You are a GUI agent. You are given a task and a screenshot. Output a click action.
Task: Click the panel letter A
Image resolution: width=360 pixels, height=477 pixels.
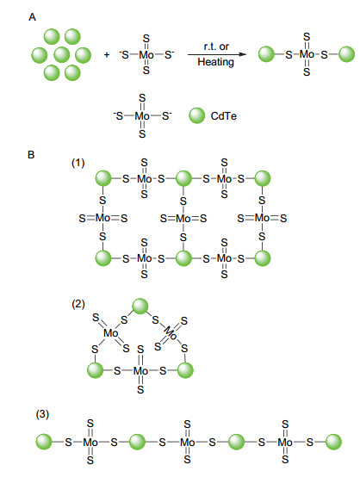(x=32, y=17)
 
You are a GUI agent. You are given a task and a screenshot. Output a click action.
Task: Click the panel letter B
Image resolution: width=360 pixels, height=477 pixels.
(x=31, y=155)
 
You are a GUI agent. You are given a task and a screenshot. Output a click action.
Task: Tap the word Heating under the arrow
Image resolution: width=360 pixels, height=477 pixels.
(x=216, y=62)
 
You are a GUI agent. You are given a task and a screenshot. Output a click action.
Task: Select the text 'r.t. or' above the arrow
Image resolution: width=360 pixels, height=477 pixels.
(x=216, y=46)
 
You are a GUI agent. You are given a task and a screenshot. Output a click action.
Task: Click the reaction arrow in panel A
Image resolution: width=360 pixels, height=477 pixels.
(x=217, y=54)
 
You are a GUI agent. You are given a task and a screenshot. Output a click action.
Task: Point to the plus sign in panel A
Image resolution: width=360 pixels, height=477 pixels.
(x=107, y=55)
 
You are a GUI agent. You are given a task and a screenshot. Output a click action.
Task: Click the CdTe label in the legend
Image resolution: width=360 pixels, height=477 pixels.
(x=224, y=116)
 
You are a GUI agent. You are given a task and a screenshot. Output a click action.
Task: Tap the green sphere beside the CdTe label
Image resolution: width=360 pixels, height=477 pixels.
(x=197, y=115)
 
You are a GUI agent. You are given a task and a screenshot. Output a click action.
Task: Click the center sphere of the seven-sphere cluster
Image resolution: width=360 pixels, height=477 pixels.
(x=62, y=55)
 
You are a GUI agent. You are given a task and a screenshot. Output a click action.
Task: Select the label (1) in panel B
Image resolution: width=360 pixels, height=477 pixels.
(x=78, y=163)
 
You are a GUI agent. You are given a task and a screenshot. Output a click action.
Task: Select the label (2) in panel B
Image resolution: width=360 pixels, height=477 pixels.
(x=78, y=304)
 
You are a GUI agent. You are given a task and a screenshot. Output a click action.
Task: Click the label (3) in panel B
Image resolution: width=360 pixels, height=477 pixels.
(x=42, y=414)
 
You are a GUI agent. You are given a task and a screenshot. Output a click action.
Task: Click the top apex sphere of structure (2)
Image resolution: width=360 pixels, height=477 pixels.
(x=140, y=306)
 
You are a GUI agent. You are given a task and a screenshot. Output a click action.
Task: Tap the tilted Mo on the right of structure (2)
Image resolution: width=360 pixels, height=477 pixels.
(x=171, y=334)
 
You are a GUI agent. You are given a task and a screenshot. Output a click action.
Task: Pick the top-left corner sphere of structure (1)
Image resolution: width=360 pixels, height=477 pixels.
(x=103, y=178)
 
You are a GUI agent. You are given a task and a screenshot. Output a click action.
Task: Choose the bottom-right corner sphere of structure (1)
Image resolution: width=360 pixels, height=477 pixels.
(x=263, y=258)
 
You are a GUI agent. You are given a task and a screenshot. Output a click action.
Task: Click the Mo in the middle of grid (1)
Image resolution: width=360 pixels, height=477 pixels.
(x=183, y=219)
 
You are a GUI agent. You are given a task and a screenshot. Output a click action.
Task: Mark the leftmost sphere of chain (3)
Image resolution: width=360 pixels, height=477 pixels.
(x=44, y=442)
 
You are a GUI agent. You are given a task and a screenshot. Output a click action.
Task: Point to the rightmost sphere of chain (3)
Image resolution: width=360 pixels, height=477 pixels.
(x=333, y=442)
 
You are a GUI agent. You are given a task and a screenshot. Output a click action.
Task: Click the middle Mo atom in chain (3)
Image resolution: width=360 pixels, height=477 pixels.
(x=187, y=442)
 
